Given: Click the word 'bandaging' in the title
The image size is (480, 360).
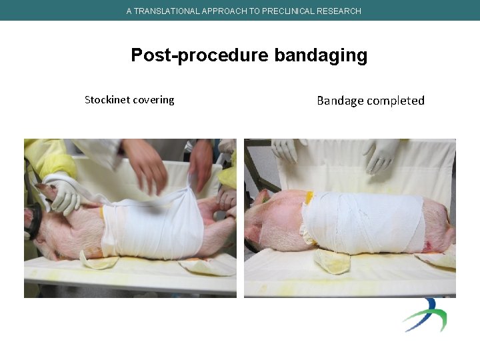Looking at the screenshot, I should pos(321,55).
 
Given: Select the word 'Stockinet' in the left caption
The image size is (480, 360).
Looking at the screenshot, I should pos(107,100).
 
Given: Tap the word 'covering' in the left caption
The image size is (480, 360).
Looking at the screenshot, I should pos(153,100).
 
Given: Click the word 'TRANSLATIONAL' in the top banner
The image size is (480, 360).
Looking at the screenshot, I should pos(165,11).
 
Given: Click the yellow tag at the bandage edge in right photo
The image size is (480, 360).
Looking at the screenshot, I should pos(309,197).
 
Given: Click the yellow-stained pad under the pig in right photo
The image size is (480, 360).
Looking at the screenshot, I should pos(331,262).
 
